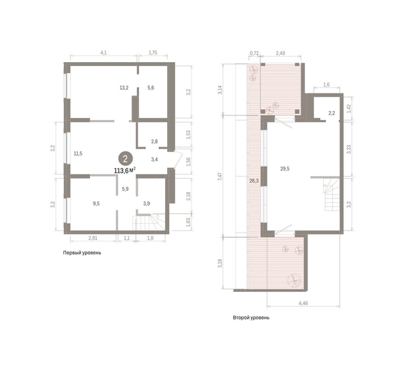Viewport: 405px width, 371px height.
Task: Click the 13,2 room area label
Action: point(123,87)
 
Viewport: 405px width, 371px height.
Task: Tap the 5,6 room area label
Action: point(151,87)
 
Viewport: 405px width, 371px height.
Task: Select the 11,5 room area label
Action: point(78,153)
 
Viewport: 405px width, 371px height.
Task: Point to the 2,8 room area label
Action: point(155,141)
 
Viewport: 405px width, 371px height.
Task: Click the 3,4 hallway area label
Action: point(155,160)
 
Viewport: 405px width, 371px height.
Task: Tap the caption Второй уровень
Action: point(250,318)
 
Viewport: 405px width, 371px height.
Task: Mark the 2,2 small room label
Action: point(331,112)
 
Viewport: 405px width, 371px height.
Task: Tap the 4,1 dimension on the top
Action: point(103,52)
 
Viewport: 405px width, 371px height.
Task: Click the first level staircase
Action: point(148,224)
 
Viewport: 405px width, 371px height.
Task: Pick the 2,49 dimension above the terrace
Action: point(280,52)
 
